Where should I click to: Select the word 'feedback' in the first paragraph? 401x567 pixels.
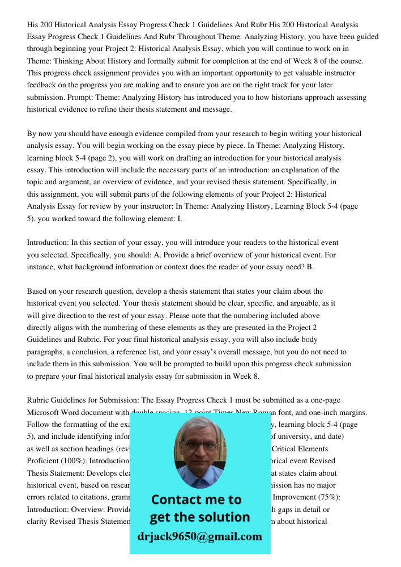click(x=43, y=85)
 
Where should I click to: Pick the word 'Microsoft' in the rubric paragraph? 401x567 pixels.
click(x=46, y=412)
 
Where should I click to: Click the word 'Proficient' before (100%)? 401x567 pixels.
click(x=44, y=461)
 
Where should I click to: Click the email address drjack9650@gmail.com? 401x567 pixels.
click(x=200, y=536)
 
